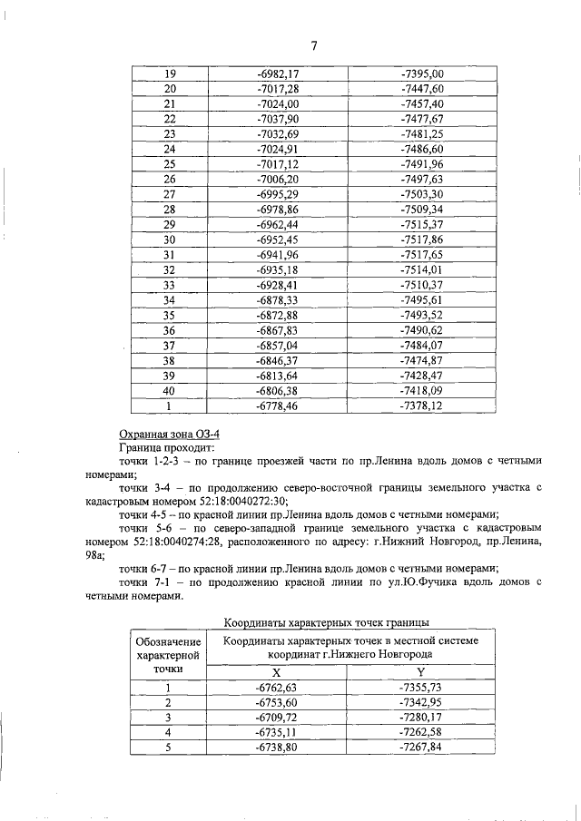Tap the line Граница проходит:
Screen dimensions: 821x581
(165, 449)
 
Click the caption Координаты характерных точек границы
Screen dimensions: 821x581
(327, 622)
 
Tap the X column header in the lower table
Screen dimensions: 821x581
(277, 672)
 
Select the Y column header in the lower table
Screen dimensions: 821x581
(421, 672)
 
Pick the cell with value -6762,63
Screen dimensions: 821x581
(277, 688)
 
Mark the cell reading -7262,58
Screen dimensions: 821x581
(421, 733)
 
